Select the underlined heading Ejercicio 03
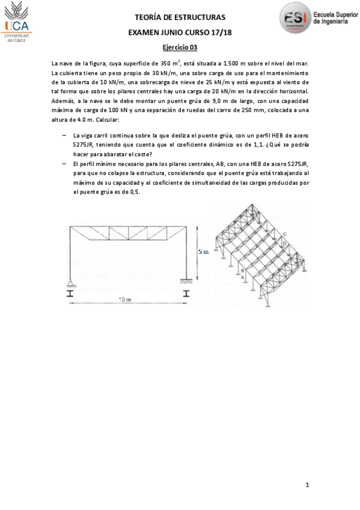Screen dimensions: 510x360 click(180, 48)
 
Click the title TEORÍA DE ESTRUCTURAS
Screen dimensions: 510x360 click(180, 17)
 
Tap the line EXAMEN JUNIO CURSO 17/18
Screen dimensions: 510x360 click(180, 32)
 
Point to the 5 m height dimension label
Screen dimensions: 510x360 click(203, 252)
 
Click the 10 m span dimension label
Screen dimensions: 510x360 click(124, 299)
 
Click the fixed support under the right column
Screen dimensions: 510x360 click(186, 280)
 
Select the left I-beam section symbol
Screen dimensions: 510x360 click(70, 293)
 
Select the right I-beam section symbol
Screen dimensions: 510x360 click(186, 293)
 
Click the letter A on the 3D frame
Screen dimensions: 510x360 click(242, 277)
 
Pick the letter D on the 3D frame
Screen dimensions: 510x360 click(285, 243)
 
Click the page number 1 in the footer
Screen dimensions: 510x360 click(307, 484)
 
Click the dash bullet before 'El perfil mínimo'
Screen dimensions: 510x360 click(64, 164)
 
